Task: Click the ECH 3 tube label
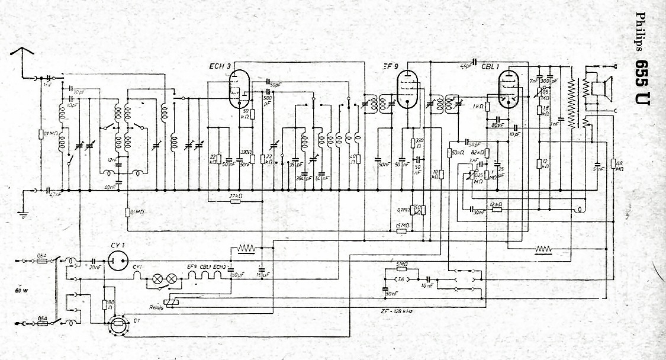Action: [x=220, y=66]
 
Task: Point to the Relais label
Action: [x=157, y=308]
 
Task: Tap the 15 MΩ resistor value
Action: [x=403, y=225]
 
